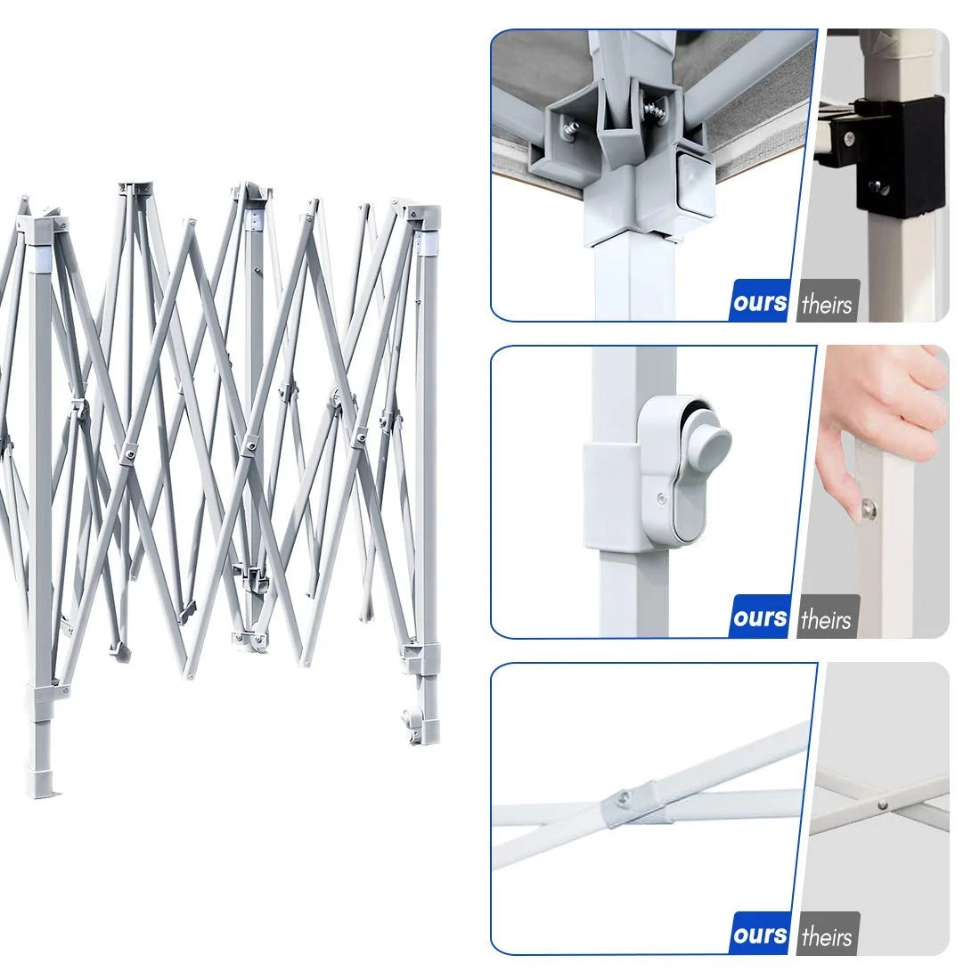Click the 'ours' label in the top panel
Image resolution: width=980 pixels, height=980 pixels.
coord(760,303)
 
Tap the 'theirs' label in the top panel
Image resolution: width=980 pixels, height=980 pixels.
coord(827,305)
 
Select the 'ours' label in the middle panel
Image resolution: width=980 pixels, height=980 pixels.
coord(760,618)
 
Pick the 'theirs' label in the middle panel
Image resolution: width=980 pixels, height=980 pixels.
coord(826,620)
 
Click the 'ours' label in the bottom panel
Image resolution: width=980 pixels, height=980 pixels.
coord(760,935)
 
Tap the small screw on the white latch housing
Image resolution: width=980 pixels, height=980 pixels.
coord(661,499)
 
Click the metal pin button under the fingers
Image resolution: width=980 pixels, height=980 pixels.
coord(868,510)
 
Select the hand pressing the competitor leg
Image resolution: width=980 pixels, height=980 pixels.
coord(881,431)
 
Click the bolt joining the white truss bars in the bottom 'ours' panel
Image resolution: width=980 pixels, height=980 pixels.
coord(624,796)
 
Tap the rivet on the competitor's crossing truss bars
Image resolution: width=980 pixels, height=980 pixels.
coord(883,805)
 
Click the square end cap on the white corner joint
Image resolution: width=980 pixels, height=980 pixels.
coord(694,181)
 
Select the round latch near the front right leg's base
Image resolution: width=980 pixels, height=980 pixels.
coord(411,722)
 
